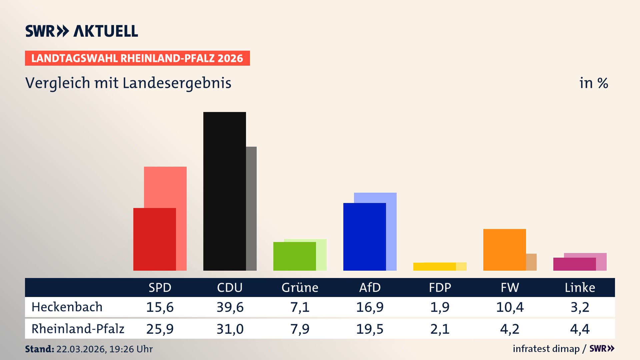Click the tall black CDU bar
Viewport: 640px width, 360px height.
coord(224,191)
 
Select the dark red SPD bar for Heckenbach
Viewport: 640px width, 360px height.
coord(154,239)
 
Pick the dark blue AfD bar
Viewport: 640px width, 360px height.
coord(364,236)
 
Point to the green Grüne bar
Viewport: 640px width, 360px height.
coord(294,256)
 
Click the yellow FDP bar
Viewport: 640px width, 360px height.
coord(434,267)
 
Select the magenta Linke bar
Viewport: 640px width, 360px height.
coord(574,264)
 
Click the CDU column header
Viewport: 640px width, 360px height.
coord(230,287)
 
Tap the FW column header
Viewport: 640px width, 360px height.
coord(510,287)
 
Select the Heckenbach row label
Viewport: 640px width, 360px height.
coord(67,307)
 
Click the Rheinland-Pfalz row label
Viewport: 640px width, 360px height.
coord(78,329)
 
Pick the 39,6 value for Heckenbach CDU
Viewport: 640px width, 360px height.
coord(230,307)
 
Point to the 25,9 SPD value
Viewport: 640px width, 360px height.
coord(160,329)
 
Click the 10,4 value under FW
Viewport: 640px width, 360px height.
coord(510,307)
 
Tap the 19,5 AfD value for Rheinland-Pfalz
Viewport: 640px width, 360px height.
coord(370,329)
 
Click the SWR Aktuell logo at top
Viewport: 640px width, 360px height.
coord(81,31)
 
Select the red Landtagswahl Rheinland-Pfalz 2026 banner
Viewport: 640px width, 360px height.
coord(137,58)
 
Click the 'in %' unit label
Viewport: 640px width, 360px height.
coord(593,83)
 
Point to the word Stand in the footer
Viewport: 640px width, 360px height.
coord(39,349)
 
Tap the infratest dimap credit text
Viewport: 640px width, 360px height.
coord(546,349)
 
